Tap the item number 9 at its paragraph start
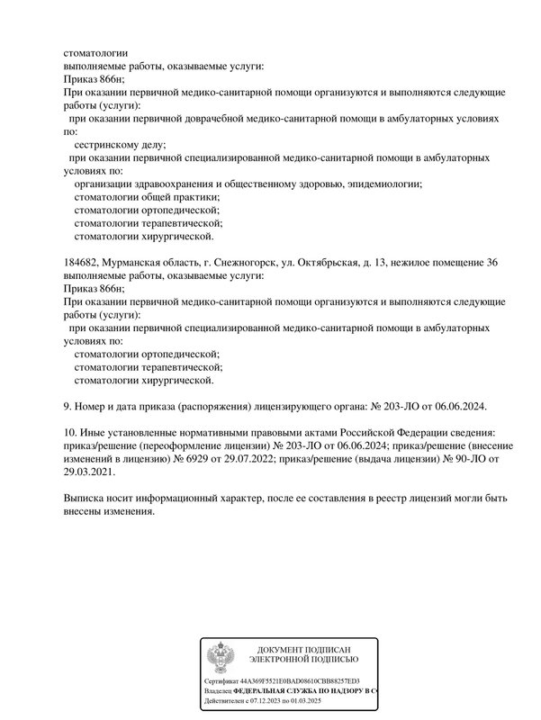point(68,407)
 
